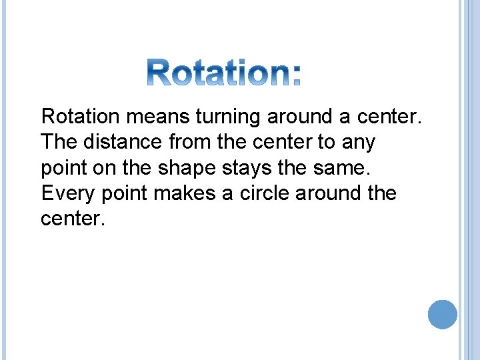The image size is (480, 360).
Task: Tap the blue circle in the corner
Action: pyautogui.click(x=442, y=314)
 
